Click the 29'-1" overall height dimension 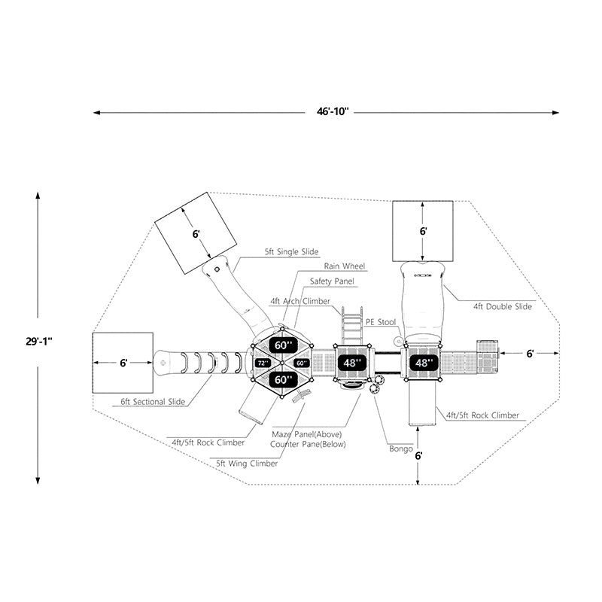pyautogui.click(x=38, y=341)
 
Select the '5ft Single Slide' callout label pyautogui.click(x=291, y=251)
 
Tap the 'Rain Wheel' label pyautogui.click(x=345, y=266)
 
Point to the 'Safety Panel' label pyautogui.click(x=332, y=281)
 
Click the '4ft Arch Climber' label pyautogui.click(x=299, y=301)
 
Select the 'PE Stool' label pyautogui.click(x=381, y=322)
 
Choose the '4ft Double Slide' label pyautogui.click(x=503, y=306)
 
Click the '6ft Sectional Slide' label pyautogui.click(x=153, y=402)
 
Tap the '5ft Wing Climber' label pyautogui.click(x=247, y=464)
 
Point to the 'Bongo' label pyautogui.click(x=401, y=449)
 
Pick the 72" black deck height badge pyautogui.click(x=263, y=363)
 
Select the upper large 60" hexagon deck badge pyautogui.click(x=282, y=345)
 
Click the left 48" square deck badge pyautogui.click(x=350, y=363)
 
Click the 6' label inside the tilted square pyautogui.click(x=196, y=234)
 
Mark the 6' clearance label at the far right pyautogui.click(x=530, y=352)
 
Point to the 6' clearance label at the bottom pyautogui.click(x=418, y=455)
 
